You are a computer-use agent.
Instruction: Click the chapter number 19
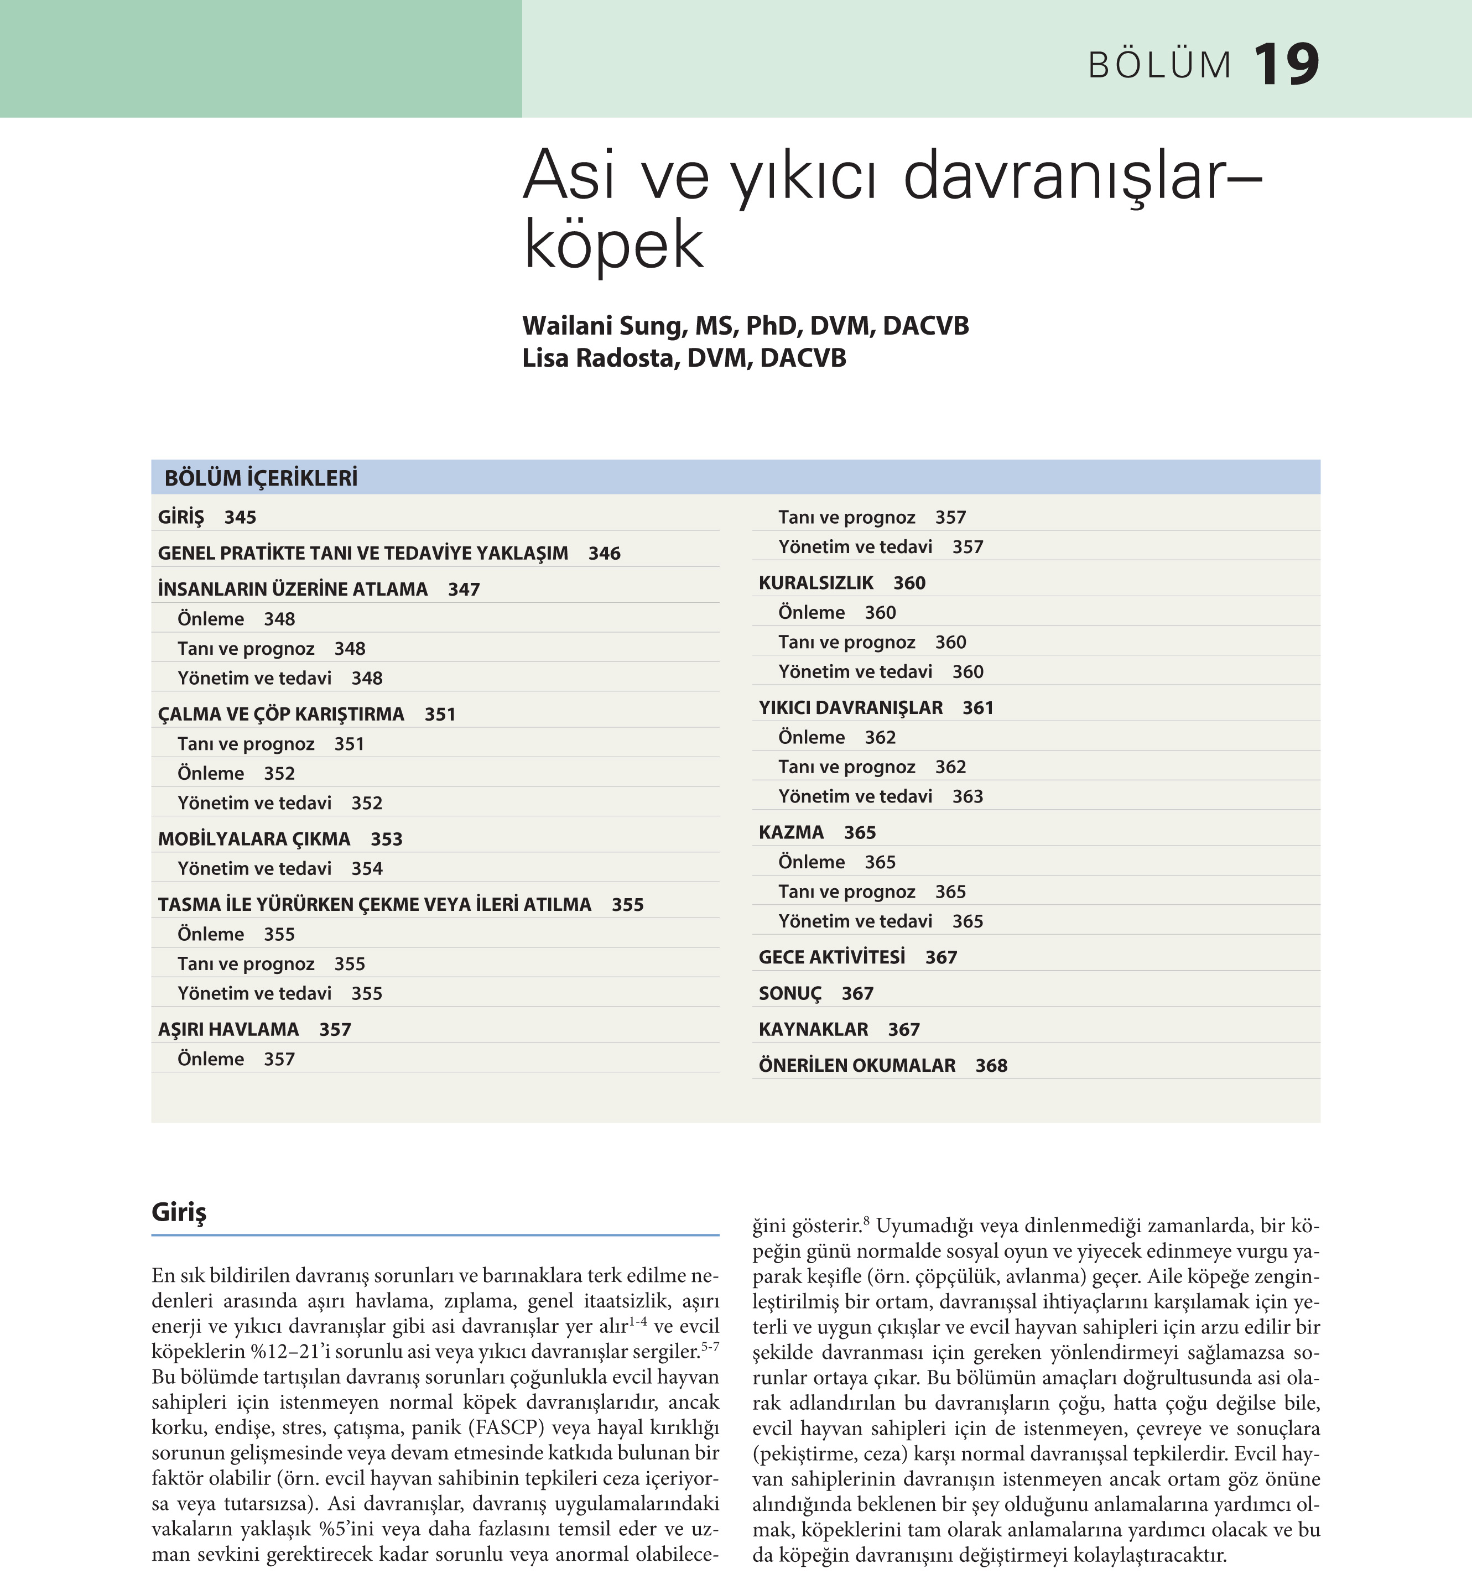pyautogui.click(x=1286, y=65)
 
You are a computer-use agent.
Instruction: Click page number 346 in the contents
pyautogui.click(x=604, y=554)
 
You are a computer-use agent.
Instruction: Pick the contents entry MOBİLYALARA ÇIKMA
pyautogui.click(x=253, y=839)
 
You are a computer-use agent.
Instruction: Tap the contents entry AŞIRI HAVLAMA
pyautogui.click(x=228, y=1029)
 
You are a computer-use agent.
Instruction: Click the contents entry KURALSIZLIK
pyautogui.click(x=815, y=583)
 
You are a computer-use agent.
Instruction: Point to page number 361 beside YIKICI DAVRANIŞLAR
pyautogui.click(x=978, y=708)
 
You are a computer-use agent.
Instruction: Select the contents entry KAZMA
pyautogui.click(x=791, y=832)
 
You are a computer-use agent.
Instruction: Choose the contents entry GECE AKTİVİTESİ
pyautogui.click(x=831, y=957)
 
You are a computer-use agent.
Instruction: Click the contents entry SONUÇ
pyautogui.click(x=790, y=994)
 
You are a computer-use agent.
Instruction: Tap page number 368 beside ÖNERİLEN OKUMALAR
pyautogui.click(x=991, y=1066)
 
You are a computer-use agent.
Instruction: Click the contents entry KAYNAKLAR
pyautogui.click(x=813, y=1029)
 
